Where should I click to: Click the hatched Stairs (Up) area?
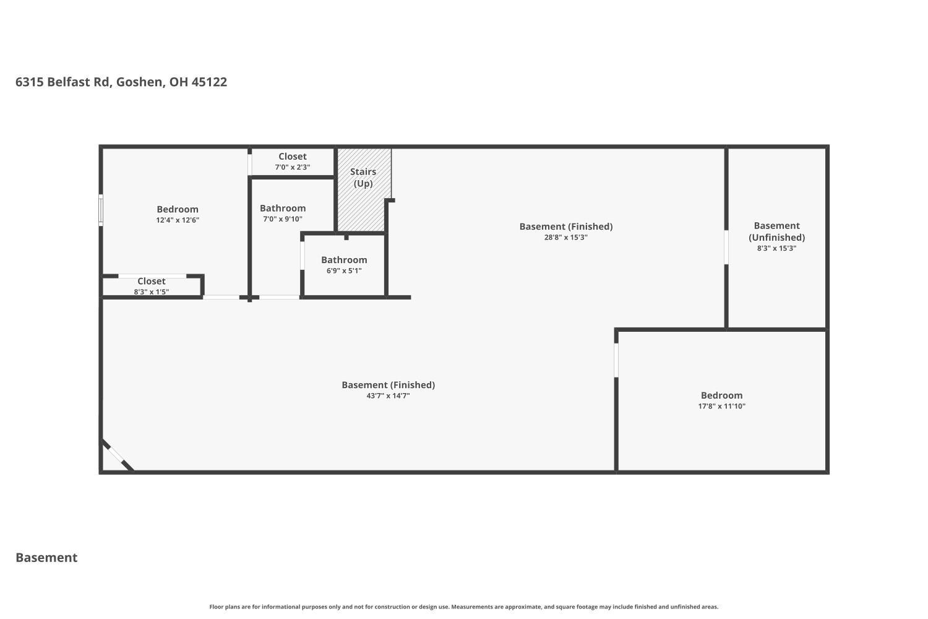click(x=364, y=189)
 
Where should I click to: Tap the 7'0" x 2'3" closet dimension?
click(x=293, y=167)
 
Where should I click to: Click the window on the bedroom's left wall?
click(x=101, y=210)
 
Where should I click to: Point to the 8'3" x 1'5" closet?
click(x=152, y=286)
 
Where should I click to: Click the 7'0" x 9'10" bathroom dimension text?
click(x=283, y=219)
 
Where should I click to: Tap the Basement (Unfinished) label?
click(x=777, y=232)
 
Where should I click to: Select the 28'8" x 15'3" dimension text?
click(x=566, y=237)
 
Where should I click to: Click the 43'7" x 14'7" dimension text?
click(x=388, y=396)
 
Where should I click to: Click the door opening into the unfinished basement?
click(x=726, y=247)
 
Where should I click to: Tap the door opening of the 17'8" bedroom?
click(x=616, y=360)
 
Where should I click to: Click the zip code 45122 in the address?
click(x=209, y=82)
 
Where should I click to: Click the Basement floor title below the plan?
click(x=46, y=557)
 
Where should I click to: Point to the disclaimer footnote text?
click(x=463, y=607)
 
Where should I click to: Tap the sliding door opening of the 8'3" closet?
click(x=152, y=276)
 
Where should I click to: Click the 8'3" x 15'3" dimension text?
click(x=777, y=248)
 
